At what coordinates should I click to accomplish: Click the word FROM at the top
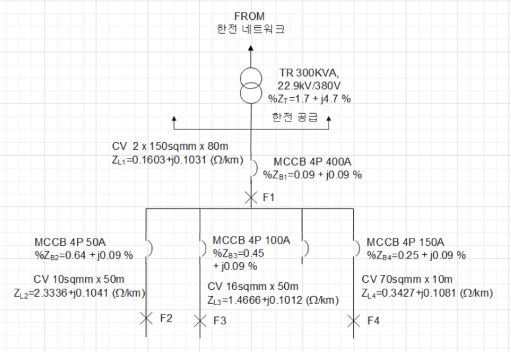250,16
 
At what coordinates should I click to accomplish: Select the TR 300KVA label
309,73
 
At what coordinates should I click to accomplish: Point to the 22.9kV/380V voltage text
309,85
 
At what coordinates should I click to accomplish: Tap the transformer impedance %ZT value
309,98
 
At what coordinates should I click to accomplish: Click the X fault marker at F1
251,197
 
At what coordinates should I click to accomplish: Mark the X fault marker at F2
146,319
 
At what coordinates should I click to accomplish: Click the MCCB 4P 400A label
312,162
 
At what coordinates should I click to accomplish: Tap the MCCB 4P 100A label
251,240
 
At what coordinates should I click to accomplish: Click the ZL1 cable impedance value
178,161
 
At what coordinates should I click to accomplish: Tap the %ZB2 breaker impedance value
84,255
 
